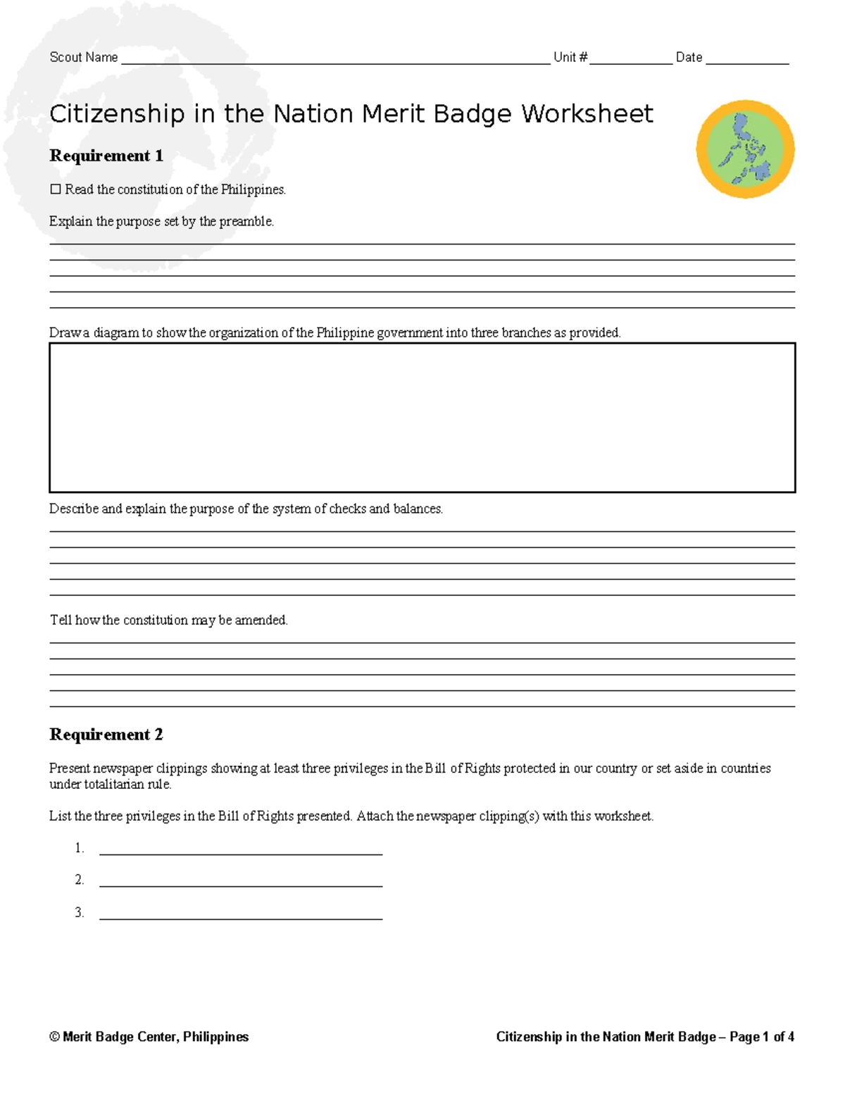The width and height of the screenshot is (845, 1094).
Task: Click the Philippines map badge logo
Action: (745, 149)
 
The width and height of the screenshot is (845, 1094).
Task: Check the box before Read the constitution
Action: (56, 189)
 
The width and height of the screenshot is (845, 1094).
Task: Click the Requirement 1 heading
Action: (106, 156)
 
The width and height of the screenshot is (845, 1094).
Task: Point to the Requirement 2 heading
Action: (106, 735)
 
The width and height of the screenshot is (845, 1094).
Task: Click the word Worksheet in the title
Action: (587, 114)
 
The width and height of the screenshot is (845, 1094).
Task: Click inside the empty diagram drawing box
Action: (422, 417)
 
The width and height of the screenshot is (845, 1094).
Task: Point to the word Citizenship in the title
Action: (117, 114)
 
